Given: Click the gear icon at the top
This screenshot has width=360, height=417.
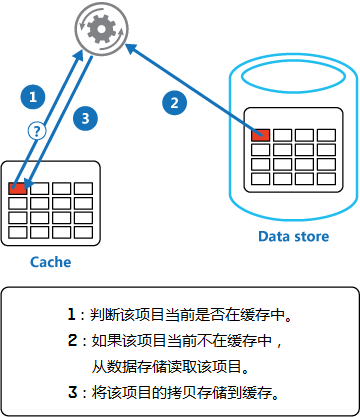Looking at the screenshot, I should coord(99,30).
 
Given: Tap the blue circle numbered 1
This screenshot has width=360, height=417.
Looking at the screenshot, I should coord(34,97).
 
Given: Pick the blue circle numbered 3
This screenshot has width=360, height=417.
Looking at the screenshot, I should coord(86,117).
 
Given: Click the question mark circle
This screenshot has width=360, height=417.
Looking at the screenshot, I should coord(36,130).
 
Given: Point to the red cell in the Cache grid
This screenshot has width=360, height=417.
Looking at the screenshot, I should coord(18,187).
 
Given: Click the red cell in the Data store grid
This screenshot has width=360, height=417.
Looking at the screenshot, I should coord(261,134).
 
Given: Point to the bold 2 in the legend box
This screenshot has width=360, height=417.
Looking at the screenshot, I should coord(72,340).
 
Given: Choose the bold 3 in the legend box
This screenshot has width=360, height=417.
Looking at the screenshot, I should coord(72,391).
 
